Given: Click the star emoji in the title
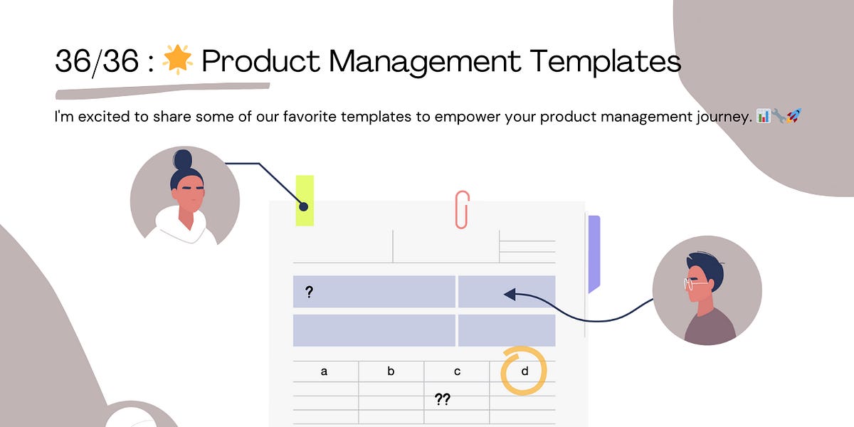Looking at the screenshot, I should (x=178, y=60).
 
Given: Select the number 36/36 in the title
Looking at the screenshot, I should (x=96, y=61).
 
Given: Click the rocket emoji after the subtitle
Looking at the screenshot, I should (x=794, y=116).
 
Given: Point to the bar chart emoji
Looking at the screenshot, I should (x=764, y=116).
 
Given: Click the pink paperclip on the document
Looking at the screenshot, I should (x=463, y=209).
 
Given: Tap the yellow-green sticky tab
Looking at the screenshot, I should (x=305, y=200).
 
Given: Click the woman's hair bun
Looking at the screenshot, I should (x=182, y=158).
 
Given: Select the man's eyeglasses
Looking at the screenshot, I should (x=695, y=283).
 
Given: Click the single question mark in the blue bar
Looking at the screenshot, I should (x=309, y=292).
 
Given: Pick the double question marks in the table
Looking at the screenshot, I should (x=442, y=400).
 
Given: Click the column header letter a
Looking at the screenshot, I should (x=325, y=371).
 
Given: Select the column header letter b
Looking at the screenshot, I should (x=391, y=371).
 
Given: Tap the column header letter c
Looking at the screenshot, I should (x=457, y=371).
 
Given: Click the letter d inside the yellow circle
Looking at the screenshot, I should (x=524, y=371).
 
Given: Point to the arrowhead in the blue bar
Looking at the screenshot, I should (x=509, y=293).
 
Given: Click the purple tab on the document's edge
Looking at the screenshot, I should (x=594, y=253).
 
